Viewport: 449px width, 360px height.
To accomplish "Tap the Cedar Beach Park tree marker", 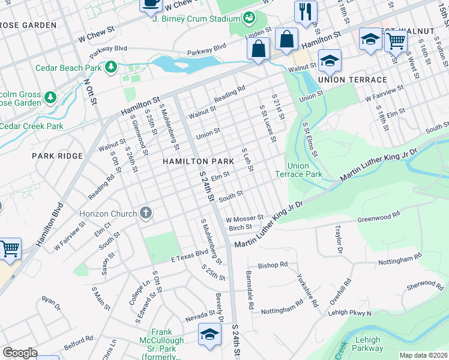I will click(110, 68).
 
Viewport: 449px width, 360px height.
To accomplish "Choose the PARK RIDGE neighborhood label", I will click(58, 156).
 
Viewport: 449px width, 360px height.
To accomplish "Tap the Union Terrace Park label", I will click(298, 170).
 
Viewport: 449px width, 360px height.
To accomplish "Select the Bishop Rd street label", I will click(273, 265).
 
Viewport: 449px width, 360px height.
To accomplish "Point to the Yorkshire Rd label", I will click(307, 290).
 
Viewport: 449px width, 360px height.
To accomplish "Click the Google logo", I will click(20, 353).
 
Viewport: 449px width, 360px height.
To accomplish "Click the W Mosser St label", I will click(244, 219).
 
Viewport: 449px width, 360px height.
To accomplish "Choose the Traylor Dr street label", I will click(339, 239).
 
